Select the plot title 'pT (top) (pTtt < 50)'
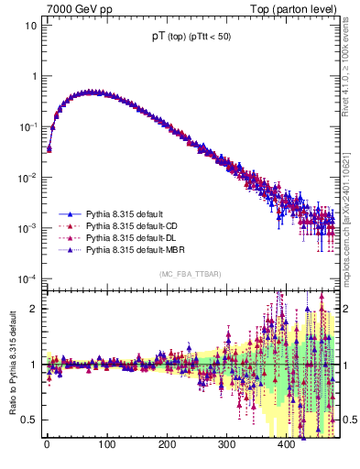tap(198, 38)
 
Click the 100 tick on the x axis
tap(106, 444)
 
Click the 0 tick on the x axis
tap(47, 444)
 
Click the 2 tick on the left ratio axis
tap(33, 309)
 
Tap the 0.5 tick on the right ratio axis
tap(349, 420)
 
